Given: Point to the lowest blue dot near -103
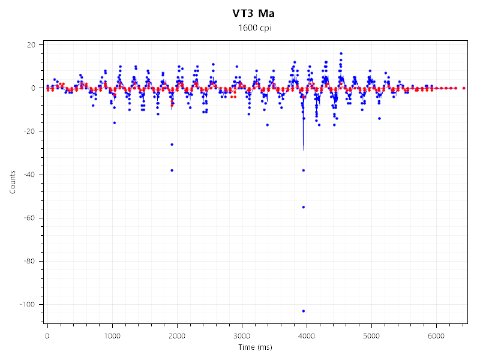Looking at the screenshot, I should click(304, 311).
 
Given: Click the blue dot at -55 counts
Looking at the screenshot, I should click(304, 207).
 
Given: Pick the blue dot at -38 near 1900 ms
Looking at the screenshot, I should click(172, 170).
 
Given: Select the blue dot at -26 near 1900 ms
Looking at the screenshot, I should click(172, 144).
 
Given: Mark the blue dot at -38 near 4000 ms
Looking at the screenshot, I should click(304, 170).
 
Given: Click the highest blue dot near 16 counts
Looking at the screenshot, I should click(341, 53).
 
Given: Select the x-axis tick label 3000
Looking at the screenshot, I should click(242, 336).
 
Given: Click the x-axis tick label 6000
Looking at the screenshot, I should click(436, 336).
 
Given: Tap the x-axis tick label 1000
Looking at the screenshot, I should click(112, 336).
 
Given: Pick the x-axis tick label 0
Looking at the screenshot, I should click(47, 336).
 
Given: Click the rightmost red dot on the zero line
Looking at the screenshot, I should click(464, 88).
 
